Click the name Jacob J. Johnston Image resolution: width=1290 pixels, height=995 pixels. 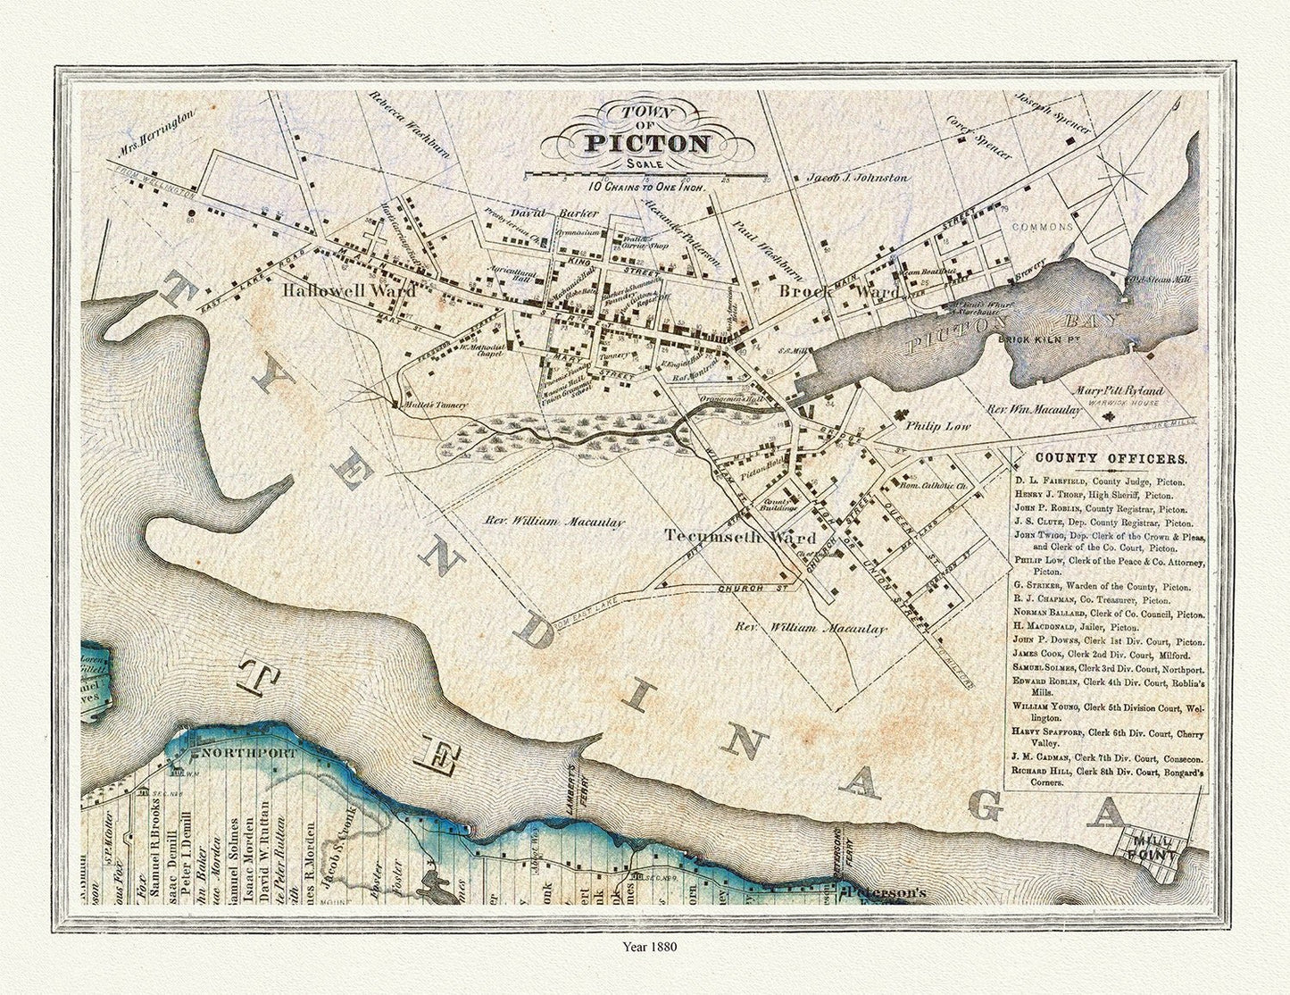[858, 177]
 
